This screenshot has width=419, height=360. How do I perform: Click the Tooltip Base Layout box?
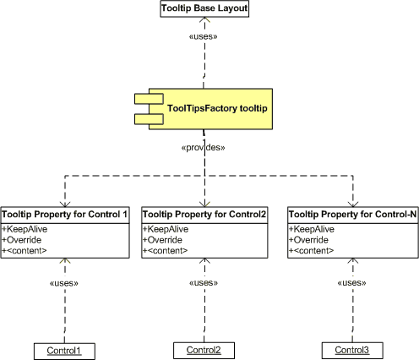[204, 8]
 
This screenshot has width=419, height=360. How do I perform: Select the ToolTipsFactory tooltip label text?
[217, 108]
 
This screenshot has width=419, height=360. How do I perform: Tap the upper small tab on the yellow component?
[149, 99]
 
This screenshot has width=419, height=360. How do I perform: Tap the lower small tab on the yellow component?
[149, 119]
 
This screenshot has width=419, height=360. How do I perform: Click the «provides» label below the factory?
[203, 147]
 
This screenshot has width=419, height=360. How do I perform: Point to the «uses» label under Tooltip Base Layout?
[204, 36]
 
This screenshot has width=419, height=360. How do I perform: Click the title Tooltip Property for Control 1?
[65, 215]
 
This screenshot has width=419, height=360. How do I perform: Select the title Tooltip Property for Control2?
[204, 215]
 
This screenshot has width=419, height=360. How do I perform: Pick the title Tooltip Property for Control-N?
[353, 215]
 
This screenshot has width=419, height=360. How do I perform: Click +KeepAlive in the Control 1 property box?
[24, 229]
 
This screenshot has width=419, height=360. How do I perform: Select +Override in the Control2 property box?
[162, 240]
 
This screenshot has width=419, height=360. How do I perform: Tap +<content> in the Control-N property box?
[311, 250]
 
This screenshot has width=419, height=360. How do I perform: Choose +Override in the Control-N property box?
[308, 240]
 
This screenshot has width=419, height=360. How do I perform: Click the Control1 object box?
[64, 352]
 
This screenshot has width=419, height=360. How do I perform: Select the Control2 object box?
[204, 351]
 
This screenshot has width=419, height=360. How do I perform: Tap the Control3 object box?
[352, 351]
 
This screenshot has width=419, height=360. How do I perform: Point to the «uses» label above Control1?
[64, 283]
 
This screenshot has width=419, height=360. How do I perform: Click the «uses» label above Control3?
[351, 282]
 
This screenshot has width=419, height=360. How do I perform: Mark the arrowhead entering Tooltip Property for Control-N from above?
[353, 205]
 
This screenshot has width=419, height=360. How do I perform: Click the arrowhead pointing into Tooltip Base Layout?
[204, 19]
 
